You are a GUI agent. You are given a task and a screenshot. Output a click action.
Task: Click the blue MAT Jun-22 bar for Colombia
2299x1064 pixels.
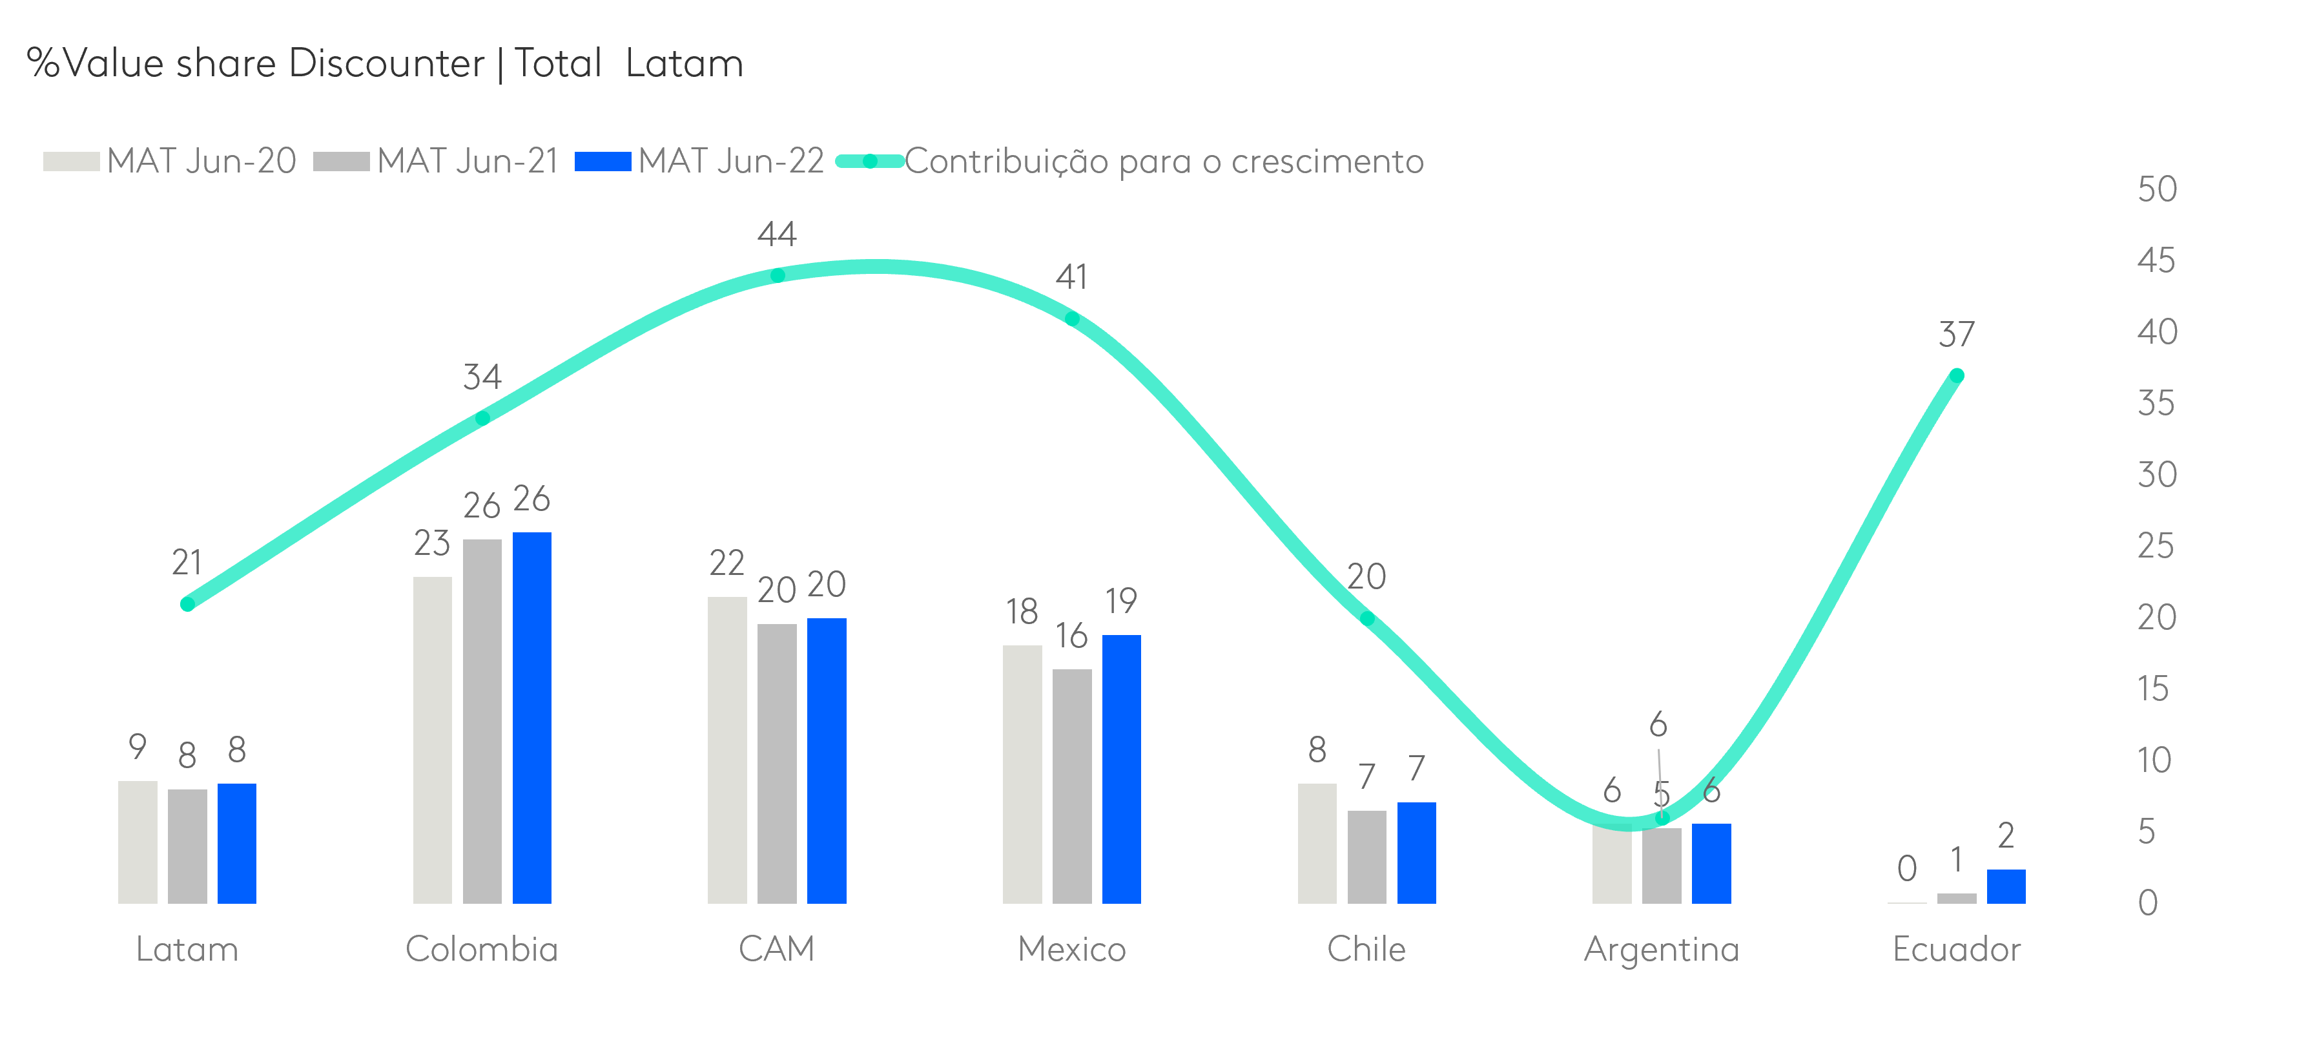coord(532,718)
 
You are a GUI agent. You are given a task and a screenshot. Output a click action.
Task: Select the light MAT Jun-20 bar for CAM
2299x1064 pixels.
coord(727,750)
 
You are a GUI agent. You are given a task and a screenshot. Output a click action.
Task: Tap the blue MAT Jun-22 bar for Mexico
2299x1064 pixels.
coord(1121,769)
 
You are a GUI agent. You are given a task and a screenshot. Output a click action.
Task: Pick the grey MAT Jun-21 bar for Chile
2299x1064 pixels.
coord(1366,857)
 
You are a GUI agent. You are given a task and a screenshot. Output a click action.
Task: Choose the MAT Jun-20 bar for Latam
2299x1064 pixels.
coord(138,842)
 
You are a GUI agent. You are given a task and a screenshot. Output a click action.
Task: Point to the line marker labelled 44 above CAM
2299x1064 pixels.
coord(778,276)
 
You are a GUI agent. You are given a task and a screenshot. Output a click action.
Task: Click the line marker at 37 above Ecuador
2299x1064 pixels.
coord(1956,376)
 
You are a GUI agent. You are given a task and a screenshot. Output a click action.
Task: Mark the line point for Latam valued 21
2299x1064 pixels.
coord(187,604)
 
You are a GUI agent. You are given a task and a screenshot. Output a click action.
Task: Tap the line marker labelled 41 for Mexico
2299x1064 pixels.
coord(1072,318)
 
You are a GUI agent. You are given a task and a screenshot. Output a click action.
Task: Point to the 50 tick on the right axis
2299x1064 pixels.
coord(2156,189)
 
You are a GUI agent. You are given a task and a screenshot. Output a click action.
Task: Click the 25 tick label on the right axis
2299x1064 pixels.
coord(2156,545)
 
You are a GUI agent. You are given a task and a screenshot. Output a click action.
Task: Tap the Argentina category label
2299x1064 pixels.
coord(1661,949)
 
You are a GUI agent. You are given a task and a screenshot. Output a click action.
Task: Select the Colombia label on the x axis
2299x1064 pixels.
coord(481,949)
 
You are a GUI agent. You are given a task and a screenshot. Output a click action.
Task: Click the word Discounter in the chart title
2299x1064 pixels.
coord(386,63)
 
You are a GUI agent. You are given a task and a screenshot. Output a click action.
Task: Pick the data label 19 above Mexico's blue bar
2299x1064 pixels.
coord(1121,601)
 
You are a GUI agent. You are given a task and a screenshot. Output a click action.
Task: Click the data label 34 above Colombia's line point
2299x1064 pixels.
coord(482,377)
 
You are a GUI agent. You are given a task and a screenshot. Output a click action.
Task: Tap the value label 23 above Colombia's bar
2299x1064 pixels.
coord(432,543)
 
